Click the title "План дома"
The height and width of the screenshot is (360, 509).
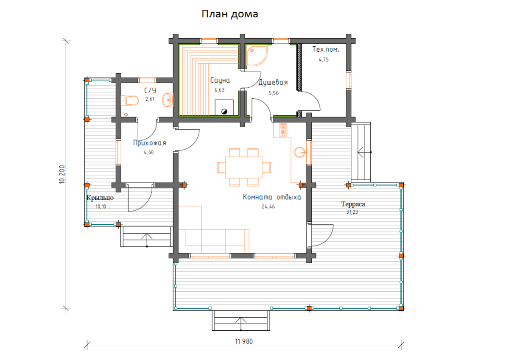click(230, 14)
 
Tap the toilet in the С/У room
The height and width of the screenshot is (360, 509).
click(129, 100)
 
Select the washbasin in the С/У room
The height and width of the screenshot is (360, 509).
click(168, 100)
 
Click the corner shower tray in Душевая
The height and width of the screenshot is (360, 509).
click(257, 56)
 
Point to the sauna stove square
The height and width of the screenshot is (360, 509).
click(224, 107)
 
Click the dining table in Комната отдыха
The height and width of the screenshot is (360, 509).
click(243, 167)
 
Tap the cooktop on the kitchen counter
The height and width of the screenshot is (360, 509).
click(283, 130)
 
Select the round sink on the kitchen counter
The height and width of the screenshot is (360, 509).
click(300, 152)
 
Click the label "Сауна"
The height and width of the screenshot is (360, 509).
click(220, 81)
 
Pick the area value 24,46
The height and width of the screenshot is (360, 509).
click(268, 207)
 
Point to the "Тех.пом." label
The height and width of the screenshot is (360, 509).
click(326, 49)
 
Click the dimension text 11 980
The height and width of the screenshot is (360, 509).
click(244, 341)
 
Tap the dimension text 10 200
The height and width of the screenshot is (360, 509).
click(62, 174)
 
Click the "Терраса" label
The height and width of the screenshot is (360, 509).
click(353, 204)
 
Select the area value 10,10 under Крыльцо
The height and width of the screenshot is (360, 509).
click(101, 207)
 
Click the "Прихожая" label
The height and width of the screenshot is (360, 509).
click(149, 143)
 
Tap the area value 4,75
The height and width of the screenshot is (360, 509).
click(324, 60)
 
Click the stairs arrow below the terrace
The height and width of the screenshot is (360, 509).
click(241, 324)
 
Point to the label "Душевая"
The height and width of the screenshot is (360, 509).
click(273, 82)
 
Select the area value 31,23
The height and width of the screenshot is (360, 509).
click(352, 212)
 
